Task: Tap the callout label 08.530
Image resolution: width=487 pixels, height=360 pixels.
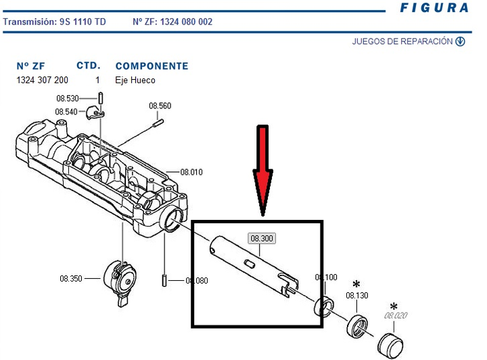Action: (x=68, y=99)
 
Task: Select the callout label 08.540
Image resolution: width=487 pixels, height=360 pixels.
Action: (x=68, y=112)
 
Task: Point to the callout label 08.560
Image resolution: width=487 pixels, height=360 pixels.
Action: (x=160, y=106)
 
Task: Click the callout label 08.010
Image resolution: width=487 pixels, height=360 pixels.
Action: (x=191, y=172)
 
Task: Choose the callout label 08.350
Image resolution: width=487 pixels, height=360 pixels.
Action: (x=71, y=279)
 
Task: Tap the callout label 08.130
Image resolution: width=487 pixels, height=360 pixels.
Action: (x=357, y=296)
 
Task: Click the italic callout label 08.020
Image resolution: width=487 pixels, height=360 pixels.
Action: (x=396, y=315)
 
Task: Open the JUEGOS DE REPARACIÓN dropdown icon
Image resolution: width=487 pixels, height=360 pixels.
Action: (x=461, y=41)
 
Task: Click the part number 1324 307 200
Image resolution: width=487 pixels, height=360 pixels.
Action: (x=42, y=81)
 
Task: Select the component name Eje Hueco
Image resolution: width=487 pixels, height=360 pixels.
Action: (x=135, y=81)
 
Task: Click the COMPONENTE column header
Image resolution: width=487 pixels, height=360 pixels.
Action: (x=152, y=66)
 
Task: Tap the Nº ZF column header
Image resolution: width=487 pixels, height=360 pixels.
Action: (x=30, y=66)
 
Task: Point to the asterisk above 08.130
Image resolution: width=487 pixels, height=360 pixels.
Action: (x=356, y=284)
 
